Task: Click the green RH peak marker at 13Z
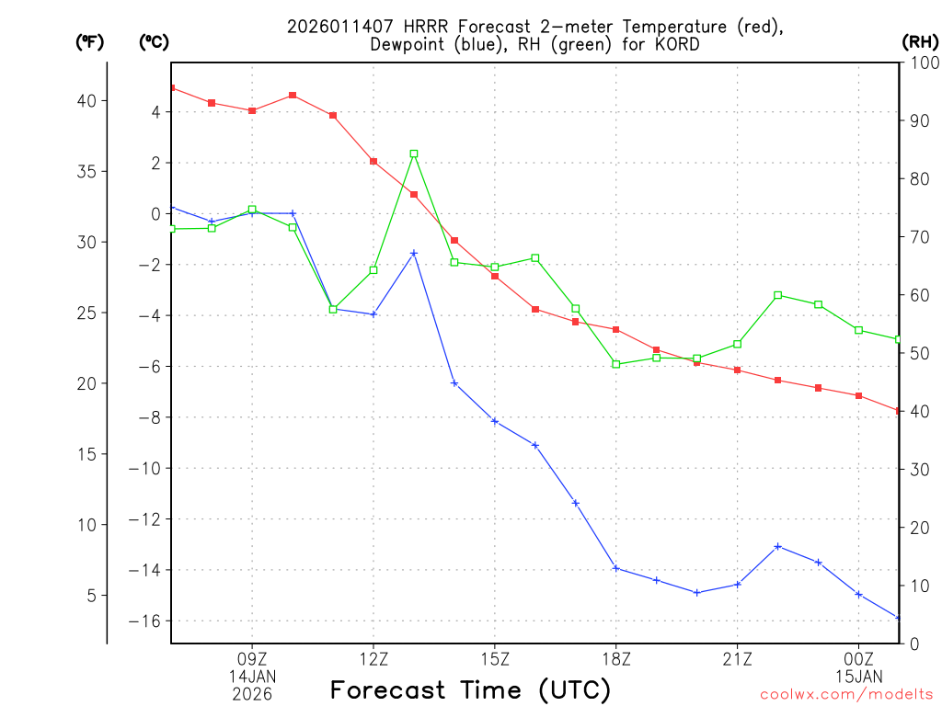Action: [x=414, y=154]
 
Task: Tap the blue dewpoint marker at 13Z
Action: [x=414, y=253]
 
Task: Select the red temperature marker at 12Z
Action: [x=373, y=161]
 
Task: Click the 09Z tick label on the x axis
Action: [x=252, y=659]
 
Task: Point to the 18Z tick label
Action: [x=615, y=659]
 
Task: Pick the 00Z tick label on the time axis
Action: [x=858, y=659]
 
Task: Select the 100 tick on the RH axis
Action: [x=922, y=63]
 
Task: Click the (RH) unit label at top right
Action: [x=920, y=41]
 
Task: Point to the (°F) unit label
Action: [x=90, y=41]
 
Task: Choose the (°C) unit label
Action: [x=155, y=41]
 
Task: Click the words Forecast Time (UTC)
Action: [x=470, y=689]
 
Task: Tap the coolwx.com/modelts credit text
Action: [x=846, y=695]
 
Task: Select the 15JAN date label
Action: [x=858, y=677]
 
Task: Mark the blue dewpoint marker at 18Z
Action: [x=615, y=567]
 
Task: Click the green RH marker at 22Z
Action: [x=777, y=295]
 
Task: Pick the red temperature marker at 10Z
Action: [x=293, y=95]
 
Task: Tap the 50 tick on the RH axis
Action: [x=917, y=353]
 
